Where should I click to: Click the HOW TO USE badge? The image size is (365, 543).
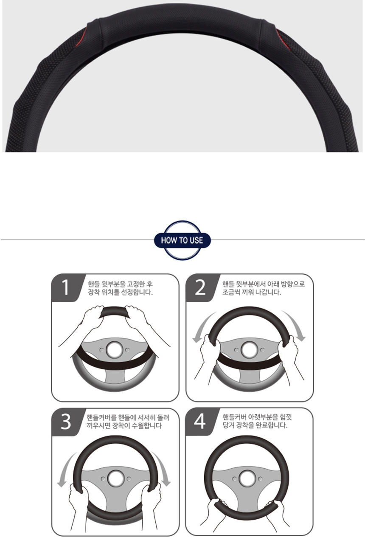182,240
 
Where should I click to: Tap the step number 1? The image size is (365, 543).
65,287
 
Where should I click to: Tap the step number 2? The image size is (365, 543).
200,287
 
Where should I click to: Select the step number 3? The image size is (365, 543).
66,422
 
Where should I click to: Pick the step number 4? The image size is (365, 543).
200,421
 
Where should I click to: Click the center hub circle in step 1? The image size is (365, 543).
115,349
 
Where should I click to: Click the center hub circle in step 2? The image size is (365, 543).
249,349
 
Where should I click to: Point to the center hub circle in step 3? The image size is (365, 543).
116,479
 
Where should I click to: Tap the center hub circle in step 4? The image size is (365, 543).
247,478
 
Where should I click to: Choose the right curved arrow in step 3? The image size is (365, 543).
163,467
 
